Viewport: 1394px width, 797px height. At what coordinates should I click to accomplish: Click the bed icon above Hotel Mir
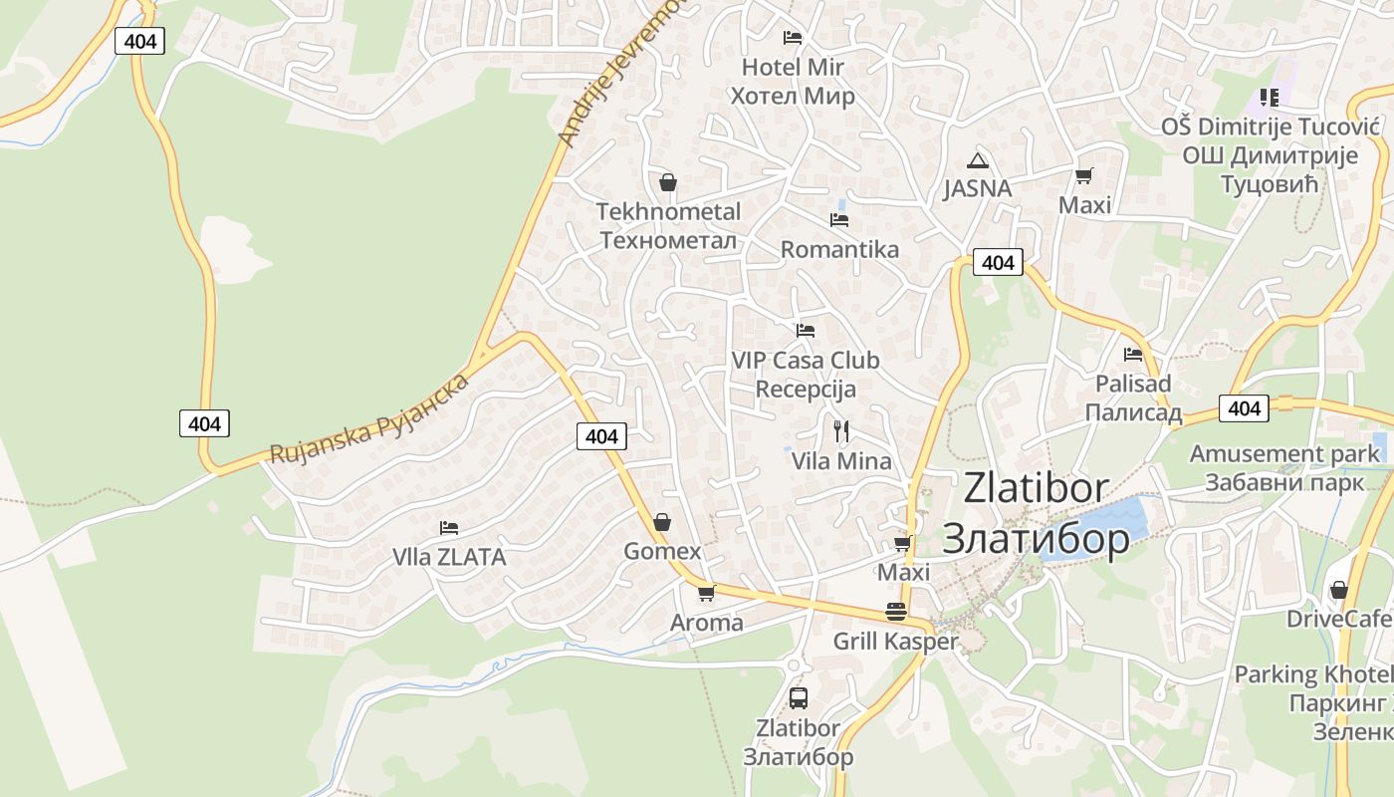[793, 38]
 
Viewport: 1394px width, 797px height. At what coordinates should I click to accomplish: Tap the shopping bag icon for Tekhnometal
[668, 182]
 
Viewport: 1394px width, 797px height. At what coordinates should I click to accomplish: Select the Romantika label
[839, 249]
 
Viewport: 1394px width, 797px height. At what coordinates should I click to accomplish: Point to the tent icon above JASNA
[977, 160]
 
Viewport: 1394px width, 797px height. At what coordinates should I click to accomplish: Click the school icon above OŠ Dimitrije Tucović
[1269, 98]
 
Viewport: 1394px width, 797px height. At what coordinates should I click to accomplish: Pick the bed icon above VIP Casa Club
[806, 330]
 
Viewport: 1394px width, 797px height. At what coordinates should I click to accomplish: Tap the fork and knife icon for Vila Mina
[841, 430]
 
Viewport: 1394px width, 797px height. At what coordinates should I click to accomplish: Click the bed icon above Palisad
[1133, 354]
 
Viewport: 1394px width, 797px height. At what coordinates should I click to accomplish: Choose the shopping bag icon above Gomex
[662, 522]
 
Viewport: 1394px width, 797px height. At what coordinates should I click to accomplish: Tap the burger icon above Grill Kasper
[896, 612]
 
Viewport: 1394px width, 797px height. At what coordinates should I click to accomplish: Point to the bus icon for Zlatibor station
[798, 697]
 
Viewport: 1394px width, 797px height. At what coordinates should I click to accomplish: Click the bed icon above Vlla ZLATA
[449, 527]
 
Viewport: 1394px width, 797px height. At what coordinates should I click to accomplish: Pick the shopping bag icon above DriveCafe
[1339, 590]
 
